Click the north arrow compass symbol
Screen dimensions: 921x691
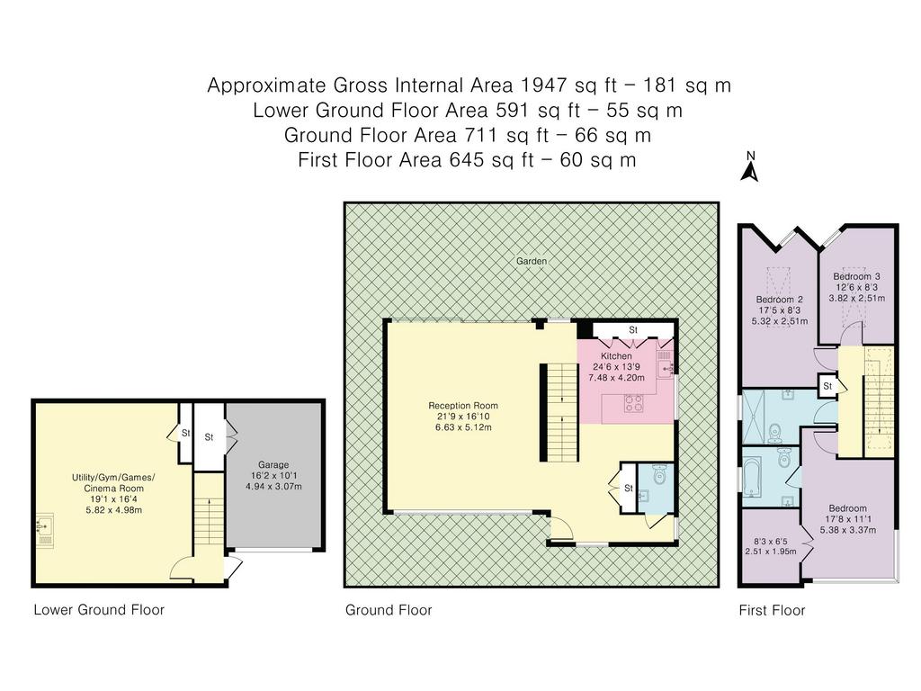(x=749, y=166)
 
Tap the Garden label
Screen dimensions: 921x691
(x=532, y=261)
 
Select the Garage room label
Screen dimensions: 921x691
(x=273, y=464)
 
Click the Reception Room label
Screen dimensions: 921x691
(x=463, y=406)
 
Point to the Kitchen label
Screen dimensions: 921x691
(x=616, y=356)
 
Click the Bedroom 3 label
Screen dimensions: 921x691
(x=856, y=276)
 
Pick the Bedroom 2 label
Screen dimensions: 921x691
(x=780, y=300)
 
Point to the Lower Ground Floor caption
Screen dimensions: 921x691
(x=99, y=610)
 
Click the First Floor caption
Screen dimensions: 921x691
(x=772, y=611)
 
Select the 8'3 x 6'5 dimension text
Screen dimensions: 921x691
(x=770, y=541)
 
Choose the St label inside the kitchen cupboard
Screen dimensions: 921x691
(x=632, y=330)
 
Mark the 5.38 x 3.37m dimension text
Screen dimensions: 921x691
(x=847, y=530)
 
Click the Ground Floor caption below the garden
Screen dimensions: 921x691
(x=389, y=611)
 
